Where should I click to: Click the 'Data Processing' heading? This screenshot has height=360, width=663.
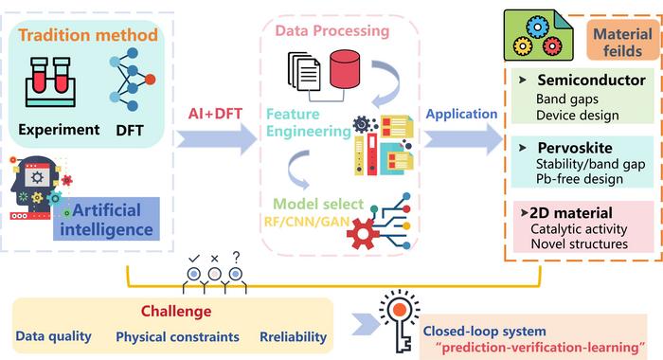tap(331, 31)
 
